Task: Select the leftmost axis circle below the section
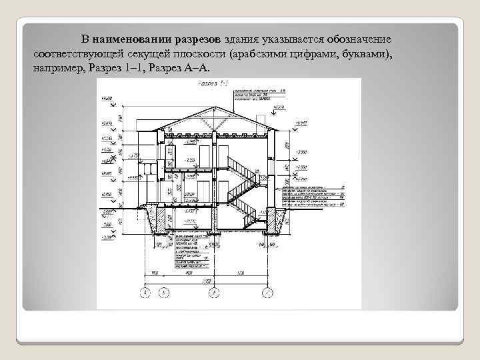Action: [147, 292]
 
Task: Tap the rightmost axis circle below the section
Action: [267, 292]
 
